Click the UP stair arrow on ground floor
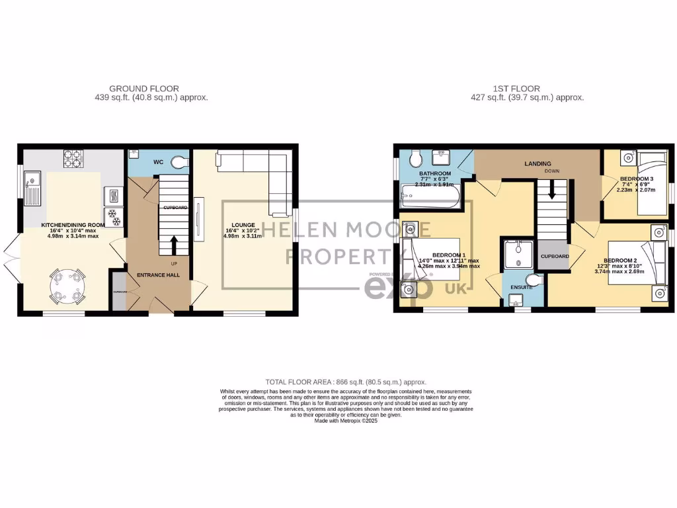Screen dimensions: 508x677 coord(174,247)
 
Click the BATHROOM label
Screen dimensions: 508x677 coord(434,175)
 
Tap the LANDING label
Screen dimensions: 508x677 coord(538,163)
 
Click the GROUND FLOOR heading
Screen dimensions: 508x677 coord(143,89)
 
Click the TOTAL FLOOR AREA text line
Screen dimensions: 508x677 coord(345,382)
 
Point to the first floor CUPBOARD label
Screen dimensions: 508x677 coord(555,256)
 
